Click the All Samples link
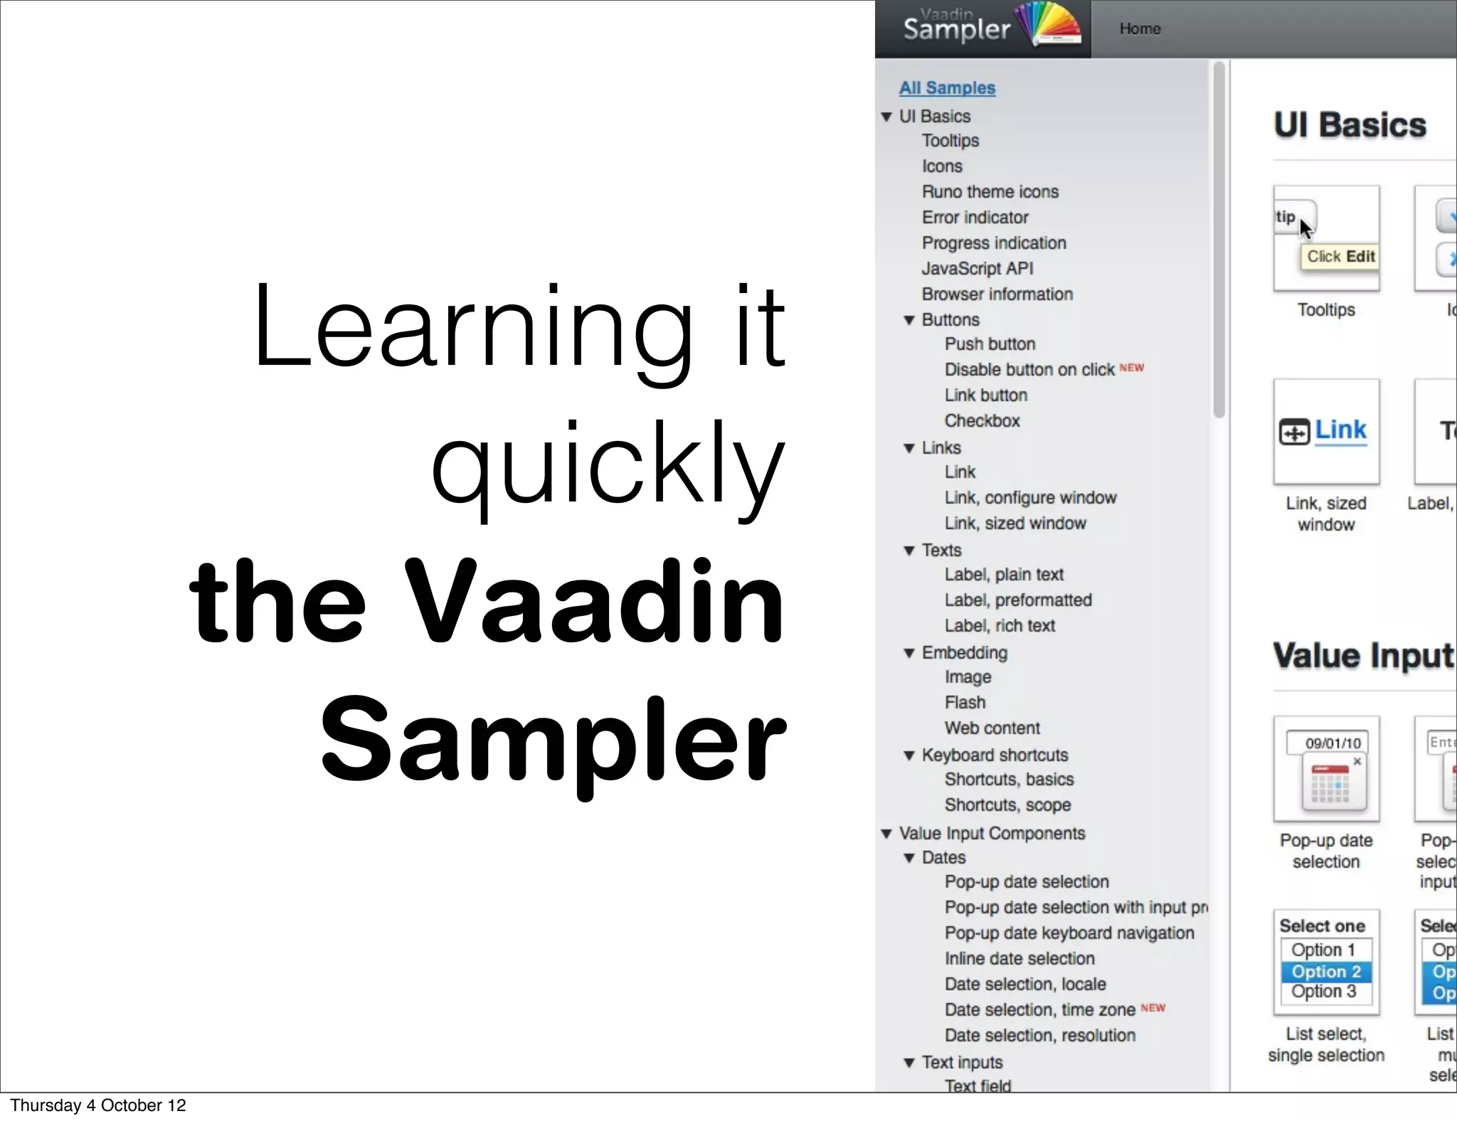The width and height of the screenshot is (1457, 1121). tap(947, 87)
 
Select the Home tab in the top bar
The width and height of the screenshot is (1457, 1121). tap(1140, 28)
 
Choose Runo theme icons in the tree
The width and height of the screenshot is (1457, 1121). tap(990, 191)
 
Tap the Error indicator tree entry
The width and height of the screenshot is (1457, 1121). tap(975, 217)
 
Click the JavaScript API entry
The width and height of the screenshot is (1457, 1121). tap(977, 268)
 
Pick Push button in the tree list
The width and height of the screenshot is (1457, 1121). tap(990, 344)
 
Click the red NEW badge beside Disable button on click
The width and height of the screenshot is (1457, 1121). tap(1131, 368)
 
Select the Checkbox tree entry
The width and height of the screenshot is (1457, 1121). tap(982, 420)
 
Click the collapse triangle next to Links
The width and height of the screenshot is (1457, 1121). tap(908, 448)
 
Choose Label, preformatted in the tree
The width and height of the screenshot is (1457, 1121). tap(1017, 600)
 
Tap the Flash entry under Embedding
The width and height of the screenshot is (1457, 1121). tap(965, 702)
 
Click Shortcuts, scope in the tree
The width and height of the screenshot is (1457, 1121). tap(1007, 804)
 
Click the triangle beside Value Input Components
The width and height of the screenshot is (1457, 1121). tap(886, 834)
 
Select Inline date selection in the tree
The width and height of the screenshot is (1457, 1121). tap(1019, 958)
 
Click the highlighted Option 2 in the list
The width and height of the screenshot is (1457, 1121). tap(1326, 971)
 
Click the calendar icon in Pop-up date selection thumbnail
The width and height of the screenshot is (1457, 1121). tap(1330, 784)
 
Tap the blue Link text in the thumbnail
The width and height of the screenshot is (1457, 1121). tap(1340, 430)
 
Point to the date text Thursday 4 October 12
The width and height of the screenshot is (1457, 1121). tap(98, 1105)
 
